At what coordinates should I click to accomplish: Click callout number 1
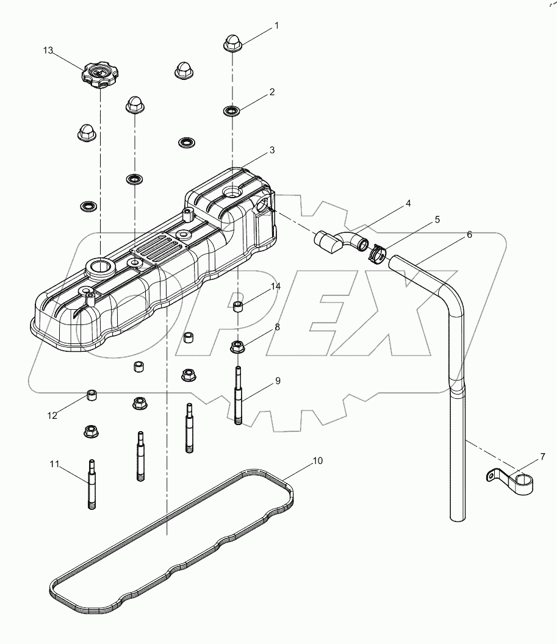tap(276, 26)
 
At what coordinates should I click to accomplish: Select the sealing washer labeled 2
tap(231, 111)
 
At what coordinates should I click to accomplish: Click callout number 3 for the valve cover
tap(272, 150)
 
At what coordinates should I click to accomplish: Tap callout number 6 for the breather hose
tap(469, 235)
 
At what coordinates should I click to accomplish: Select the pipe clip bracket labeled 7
tap(510, 481)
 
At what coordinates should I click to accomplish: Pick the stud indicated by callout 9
tap(238, 396)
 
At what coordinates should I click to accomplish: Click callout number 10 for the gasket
tap(318, 461)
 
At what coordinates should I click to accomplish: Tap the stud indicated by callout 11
tap(92, 484)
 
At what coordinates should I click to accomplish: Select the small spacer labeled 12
tap(92, 396)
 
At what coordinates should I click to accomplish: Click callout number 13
tap(48, 51)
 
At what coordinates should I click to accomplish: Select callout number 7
tap(542, 457)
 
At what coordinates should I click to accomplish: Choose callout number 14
tap(276, 286)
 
